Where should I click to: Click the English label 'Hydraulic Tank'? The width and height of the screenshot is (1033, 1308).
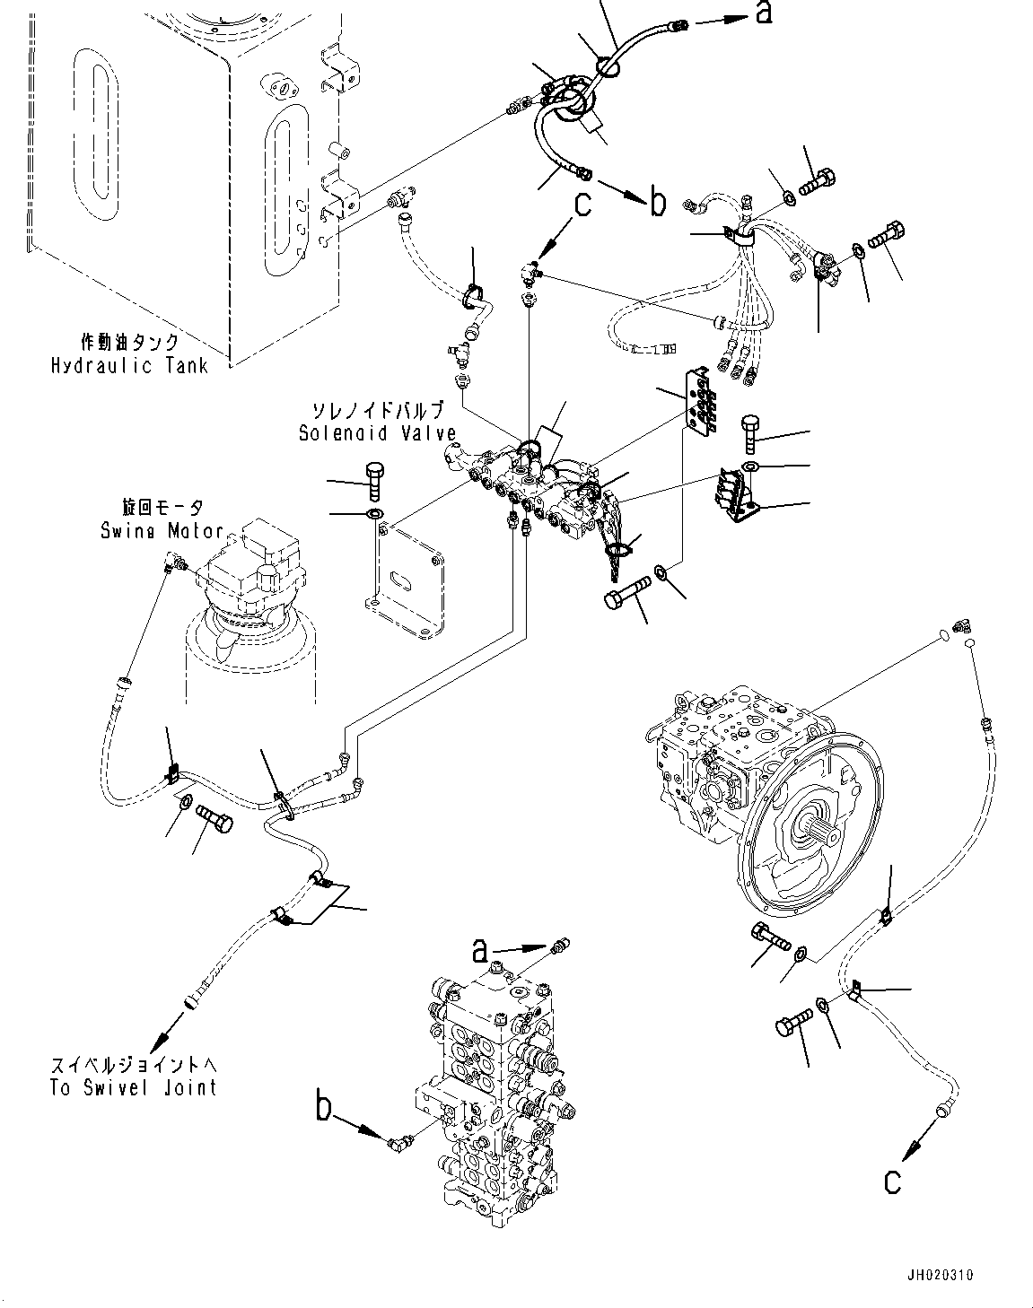[x=129, y=365]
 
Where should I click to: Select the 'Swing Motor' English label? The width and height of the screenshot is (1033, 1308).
[x=162, y=530]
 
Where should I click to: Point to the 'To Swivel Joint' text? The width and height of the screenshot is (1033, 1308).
[x=134, y=1087]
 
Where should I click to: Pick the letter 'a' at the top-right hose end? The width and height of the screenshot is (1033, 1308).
[x=764, y=13]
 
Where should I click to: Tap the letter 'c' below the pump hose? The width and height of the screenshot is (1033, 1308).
[x=891, y=1182]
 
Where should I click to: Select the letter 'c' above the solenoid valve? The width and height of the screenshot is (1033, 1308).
[x=582, y=205]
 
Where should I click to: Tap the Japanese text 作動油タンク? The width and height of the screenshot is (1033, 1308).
[x=129, y=343]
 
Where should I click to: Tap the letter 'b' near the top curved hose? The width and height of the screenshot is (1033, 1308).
[x=658, y=201]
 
